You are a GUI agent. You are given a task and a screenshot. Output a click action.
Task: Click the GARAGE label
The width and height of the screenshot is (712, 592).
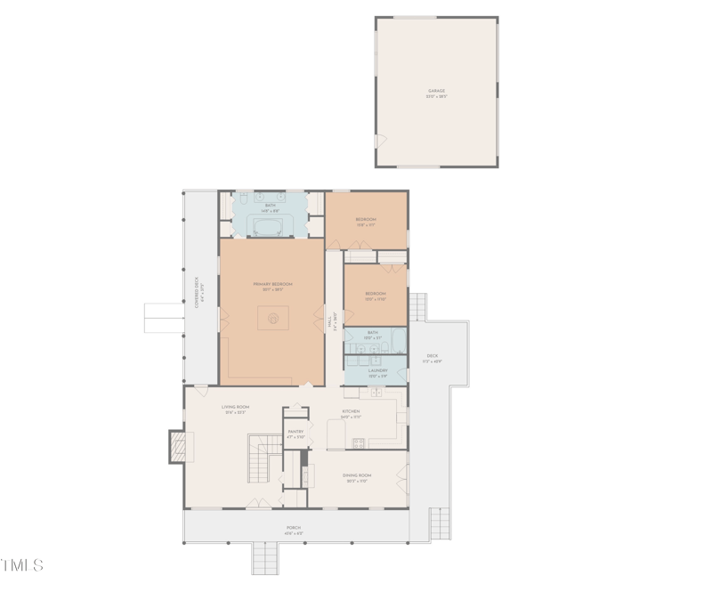[436, 92]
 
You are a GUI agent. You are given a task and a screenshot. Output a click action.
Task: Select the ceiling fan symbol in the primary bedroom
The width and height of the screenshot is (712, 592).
[274, 316]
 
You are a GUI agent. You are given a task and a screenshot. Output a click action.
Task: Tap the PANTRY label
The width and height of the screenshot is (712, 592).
[295, 434]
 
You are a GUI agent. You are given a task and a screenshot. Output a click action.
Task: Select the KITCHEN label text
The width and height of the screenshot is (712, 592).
[351, 412]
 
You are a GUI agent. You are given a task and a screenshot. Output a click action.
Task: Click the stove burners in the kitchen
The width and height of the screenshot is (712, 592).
[359, 442]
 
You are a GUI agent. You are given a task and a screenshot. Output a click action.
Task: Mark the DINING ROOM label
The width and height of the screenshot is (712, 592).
[357, 476]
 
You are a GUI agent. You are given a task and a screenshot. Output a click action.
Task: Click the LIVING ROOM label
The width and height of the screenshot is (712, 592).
[236, 408]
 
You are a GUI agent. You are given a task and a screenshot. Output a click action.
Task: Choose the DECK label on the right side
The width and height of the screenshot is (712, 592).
[432, 357]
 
